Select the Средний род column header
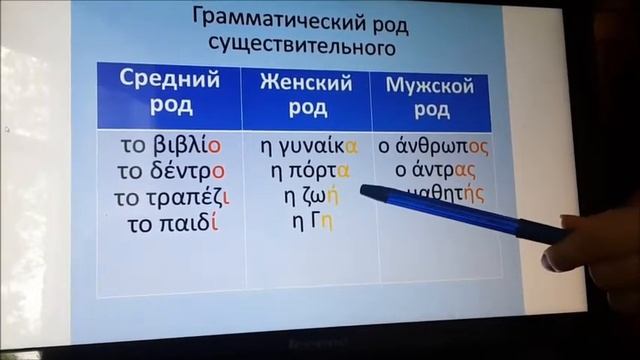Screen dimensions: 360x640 point(169,93)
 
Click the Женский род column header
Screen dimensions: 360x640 point(306,93)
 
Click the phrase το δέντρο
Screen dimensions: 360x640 point(171,171)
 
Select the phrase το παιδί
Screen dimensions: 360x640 point(173,223)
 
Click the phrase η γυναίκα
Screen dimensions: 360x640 point(307,145)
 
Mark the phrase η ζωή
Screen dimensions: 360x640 point(306,197)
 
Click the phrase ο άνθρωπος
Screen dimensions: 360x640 point(434,145)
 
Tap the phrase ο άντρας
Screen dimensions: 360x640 point(434,171)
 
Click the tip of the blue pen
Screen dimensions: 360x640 point(364,190)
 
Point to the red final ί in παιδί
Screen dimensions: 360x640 point(214,223)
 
